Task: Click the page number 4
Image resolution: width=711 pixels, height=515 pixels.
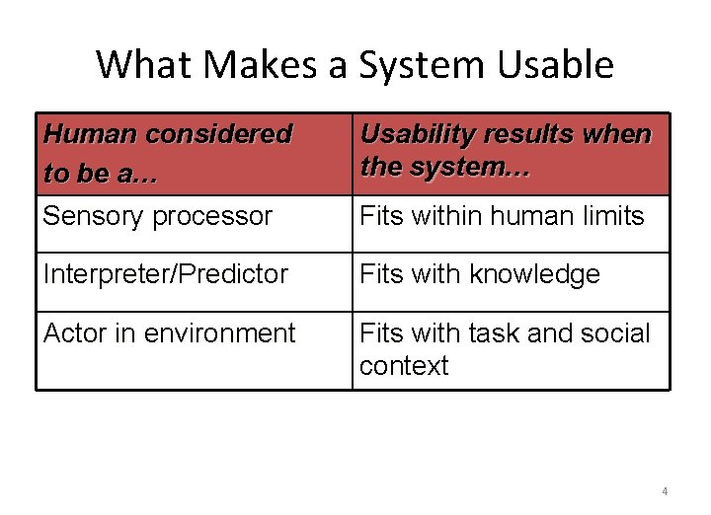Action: [665, 491]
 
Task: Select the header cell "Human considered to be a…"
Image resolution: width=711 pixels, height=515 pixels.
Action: [168, 153]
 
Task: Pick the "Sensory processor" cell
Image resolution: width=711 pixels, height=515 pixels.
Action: [158, 216]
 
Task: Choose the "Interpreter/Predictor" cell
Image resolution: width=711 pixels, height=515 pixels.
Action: [166, 274]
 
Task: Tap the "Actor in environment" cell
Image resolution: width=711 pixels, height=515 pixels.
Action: [169, 333]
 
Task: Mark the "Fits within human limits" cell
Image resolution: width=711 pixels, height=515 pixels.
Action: [502, 216]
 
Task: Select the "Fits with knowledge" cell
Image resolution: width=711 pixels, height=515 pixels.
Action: [480, 274]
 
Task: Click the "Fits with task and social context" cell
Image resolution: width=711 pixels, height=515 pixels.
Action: [505, 349]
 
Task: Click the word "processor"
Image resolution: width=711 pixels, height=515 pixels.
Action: [216, 216]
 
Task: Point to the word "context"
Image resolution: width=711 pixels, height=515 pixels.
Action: [404, 366]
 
